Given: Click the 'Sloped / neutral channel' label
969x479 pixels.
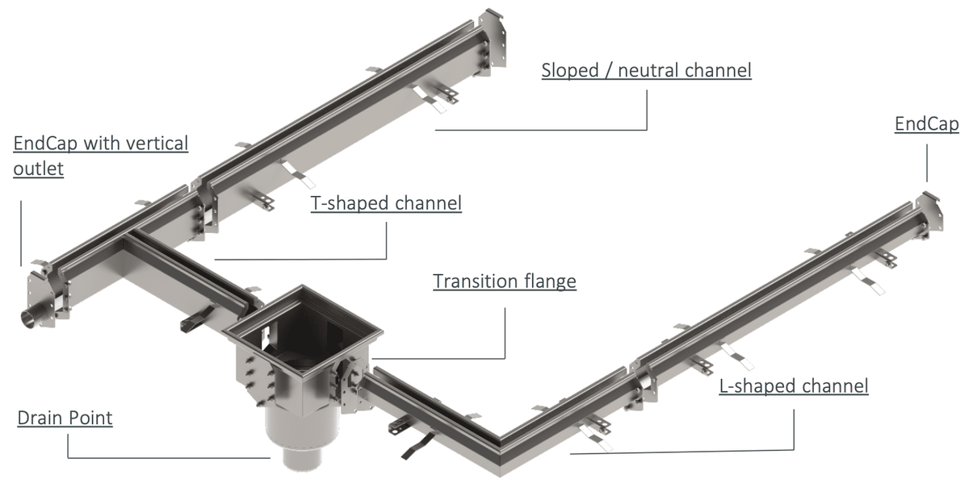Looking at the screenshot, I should click(646, 71).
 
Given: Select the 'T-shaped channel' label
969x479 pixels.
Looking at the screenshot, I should click(386, 203).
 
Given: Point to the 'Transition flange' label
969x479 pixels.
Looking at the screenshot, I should click(505, 281).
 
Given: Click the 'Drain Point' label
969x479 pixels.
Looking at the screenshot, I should click(65, 419).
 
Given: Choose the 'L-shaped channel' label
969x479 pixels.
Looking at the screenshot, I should click(794, 386).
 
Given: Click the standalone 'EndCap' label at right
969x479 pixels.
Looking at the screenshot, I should click(926, 124).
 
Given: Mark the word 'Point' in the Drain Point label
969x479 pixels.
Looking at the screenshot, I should click(90, 419).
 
